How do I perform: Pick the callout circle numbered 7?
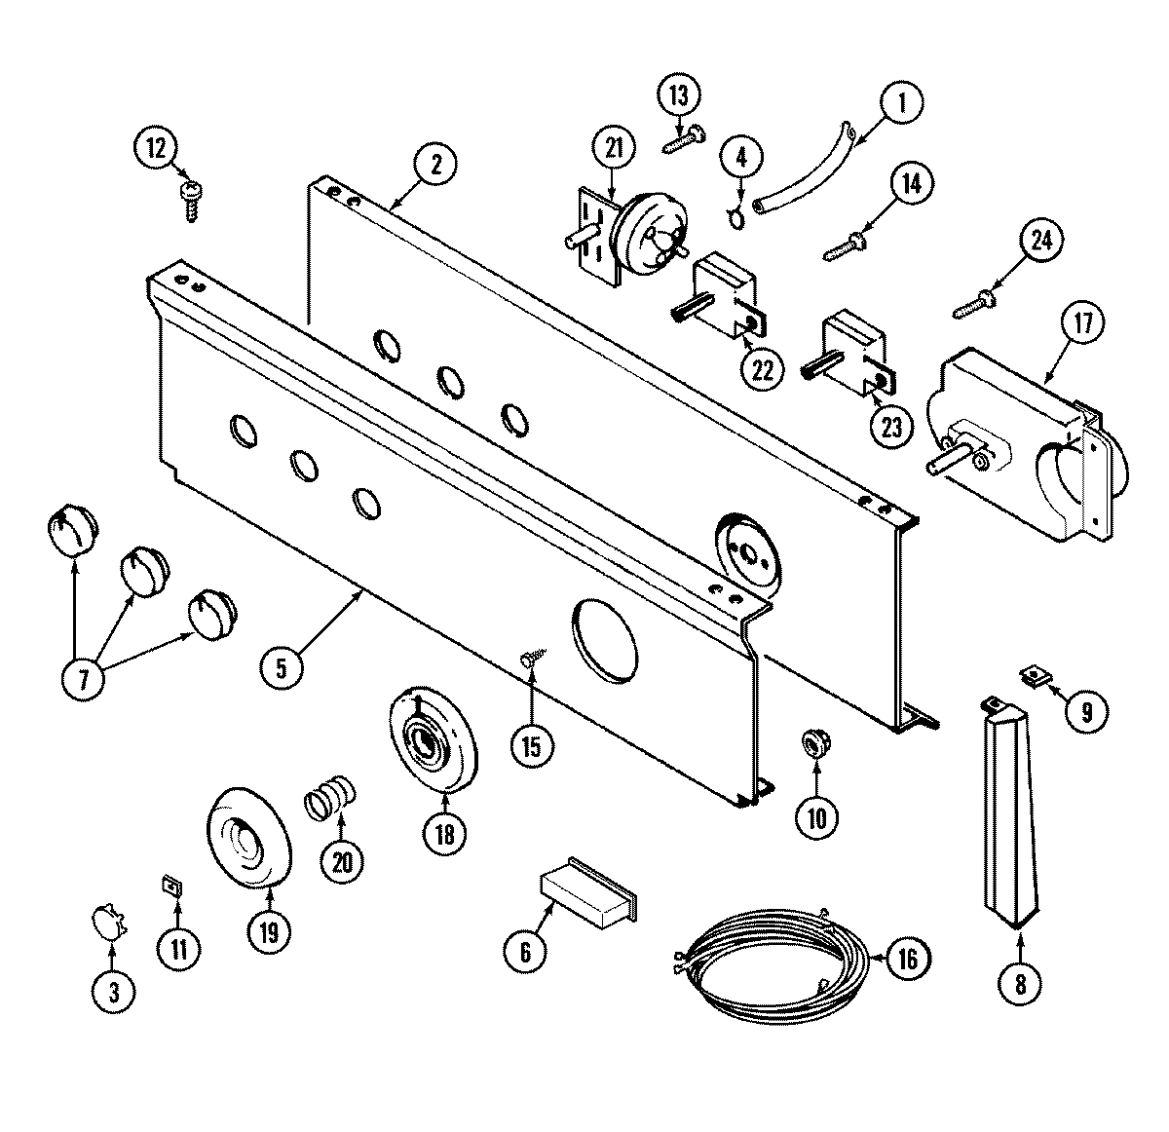click(84, 678)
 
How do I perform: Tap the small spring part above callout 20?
click(328, 792)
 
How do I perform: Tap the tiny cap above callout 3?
click(107, 919)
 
